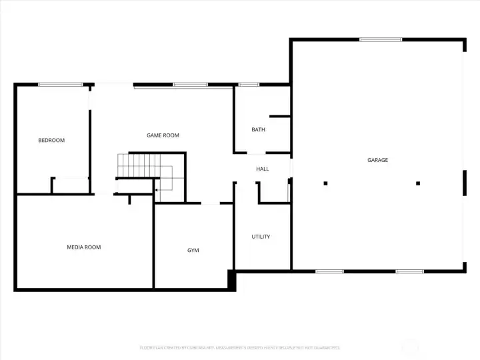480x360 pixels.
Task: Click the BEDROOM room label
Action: coord(51,140)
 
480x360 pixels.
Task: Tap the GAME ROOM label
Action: coord(163,135)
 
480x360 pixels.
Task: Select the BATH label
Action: coord(258,129)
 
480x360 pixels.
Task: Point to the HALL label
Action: coord(263,169)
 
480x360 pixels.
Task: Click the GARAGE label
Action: coord(377,160)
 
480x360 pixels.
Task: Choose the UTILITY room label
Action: coord(261,237)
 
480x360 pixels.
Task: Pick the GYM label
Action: coord(193,250)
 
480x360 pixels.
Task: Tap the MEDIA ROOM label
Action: coord(84,247)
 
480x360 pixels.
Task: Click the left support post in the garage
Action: coord(325,183)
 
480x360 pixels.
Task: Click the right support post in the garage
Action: coord(418,183)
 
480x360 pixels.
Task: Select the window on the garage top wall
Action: coord(381,40)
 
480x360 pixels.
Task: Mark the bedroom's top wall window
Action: coord(60,85)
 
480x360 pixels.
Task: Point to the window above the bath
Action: coord(249,85)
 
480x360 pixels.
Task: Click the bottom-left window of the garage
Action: coord(329,271)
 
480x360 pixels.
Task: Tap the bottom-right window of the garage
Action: coord(409,271)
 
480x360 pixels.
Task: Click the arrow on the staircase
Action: coord(157,190)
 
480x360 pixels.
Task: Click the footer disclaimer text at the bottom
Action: coord(240,347)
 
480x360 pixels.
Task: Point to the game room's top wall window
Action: coord(185,85)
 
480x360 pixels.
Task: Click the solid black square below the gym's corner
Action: coord(232,280)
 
